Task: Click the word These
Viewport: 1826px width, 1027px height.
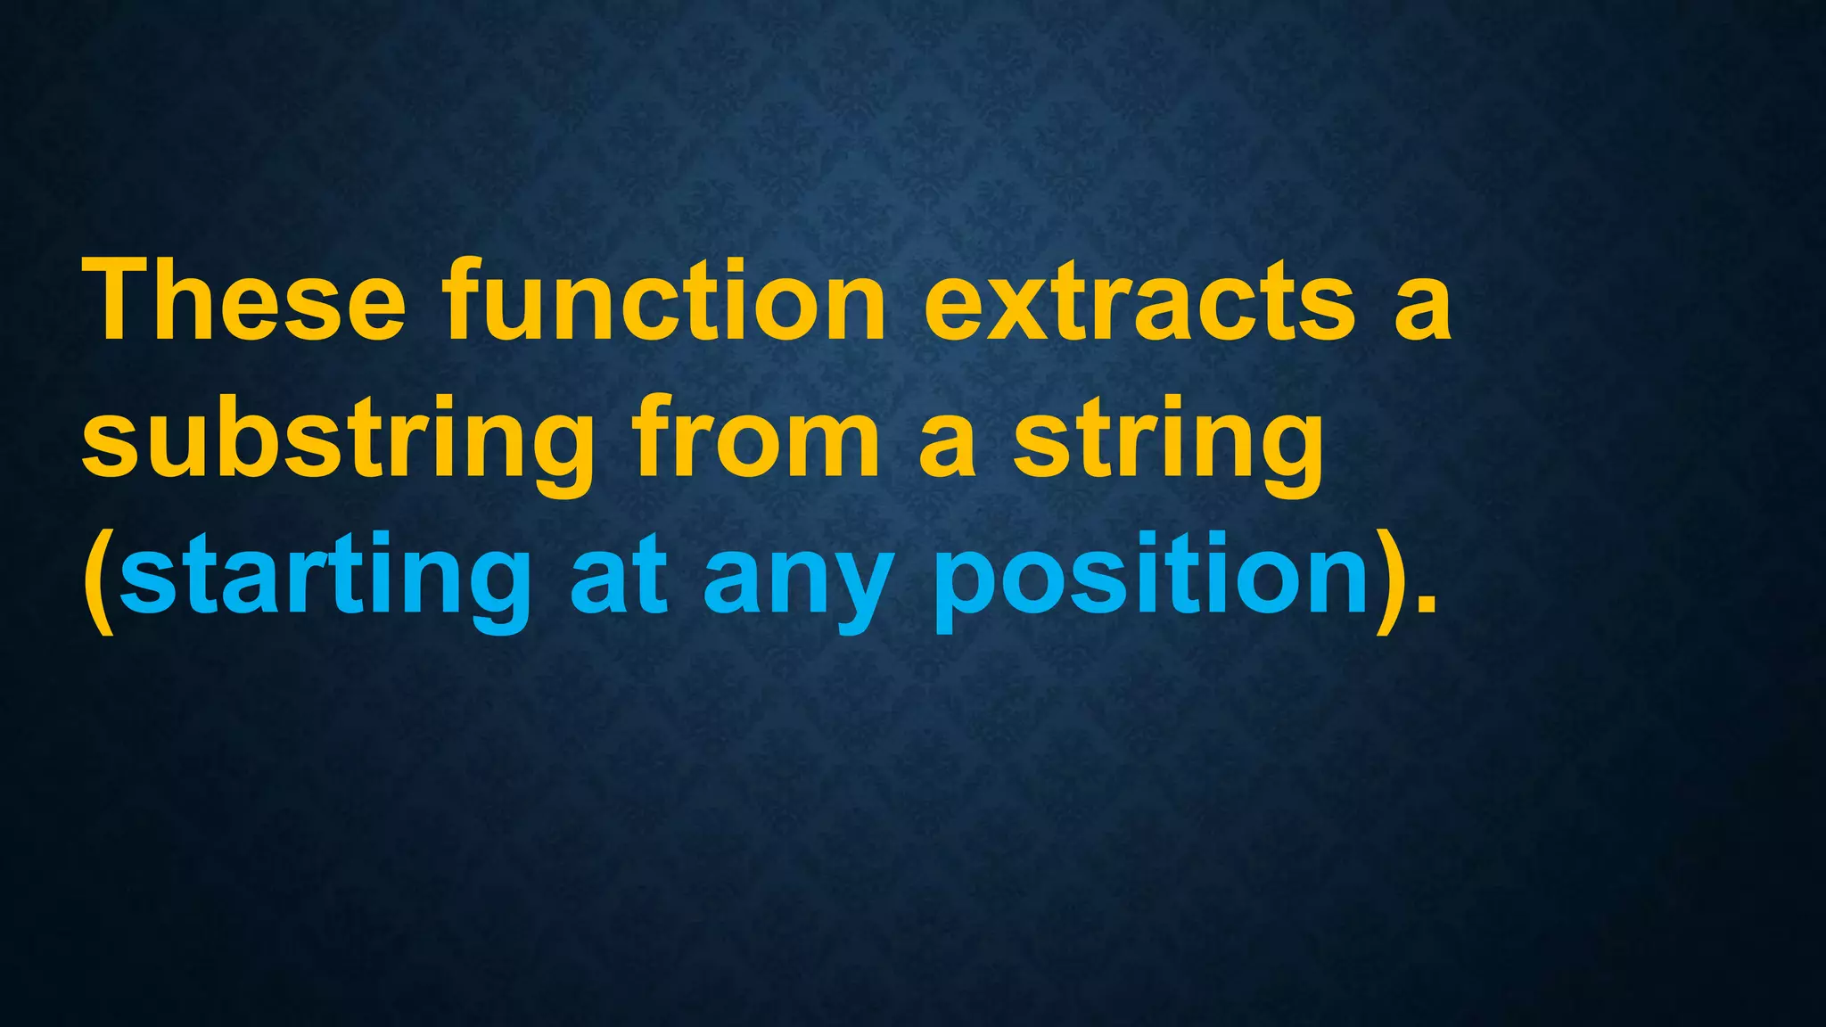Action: [244, 300]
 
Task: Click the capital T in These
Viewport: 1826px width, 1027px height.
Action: [120, 300]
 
